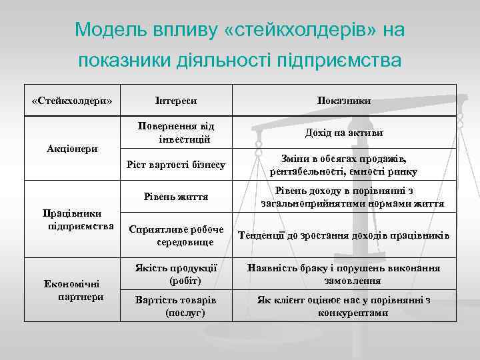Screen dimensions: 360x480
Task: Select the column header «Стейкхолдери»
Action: [72, 101]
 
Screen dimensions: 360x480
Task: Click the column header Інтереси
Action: [176, 101]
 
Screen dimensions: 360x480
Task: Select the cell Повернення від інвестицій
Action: [176, 133]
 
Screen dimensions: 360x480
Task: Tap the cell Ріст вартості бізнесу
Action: [176, 164]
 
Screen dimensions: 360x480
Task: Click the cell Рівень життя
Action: [176, 197]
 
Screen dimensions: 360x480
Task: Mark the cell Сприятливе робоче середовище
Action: [176, 235]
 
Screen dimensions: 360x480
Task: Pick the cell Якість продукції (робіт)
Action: [176, 274]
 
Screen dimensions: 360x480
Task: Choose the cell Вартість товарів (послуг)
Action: [176, 306]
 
